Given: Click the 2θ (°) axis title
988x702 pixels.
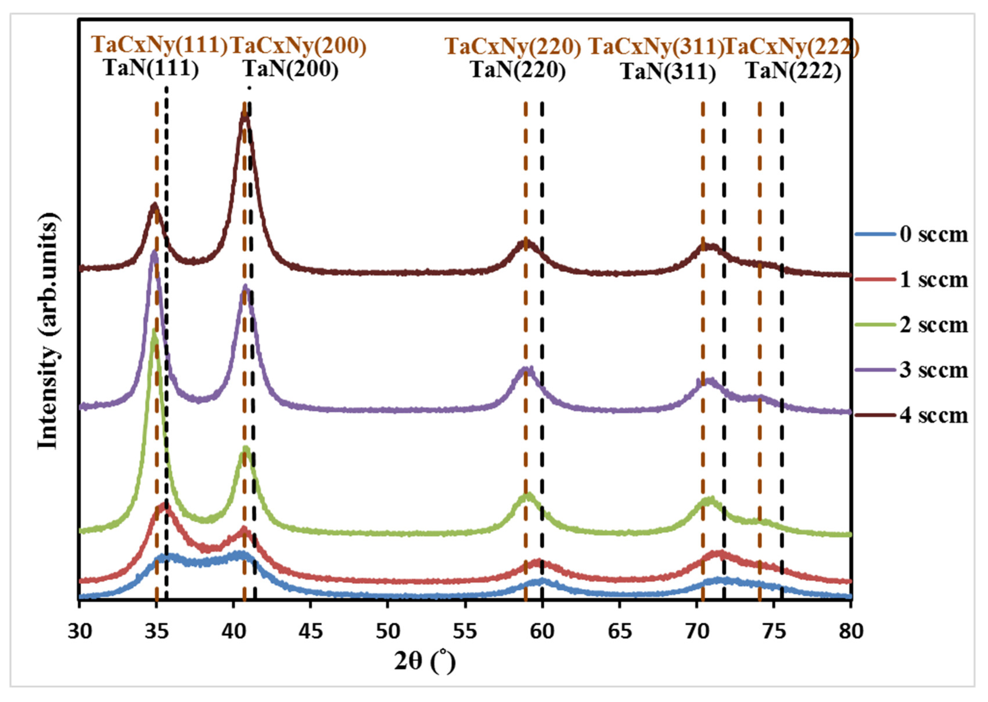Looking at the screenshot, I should (x=425, y=661).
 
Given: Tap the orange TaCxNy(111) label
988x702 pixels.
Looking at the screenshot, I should (x=159, y=45).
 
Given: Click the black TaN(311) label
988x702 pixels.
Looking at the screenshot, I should (x=668, y=72).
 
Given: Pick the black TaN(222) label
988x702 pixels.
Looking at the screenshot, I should (x=794, y=71).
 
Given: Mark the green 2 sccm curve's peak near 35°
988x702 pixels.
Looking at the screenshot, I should (x=154, y=331).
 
